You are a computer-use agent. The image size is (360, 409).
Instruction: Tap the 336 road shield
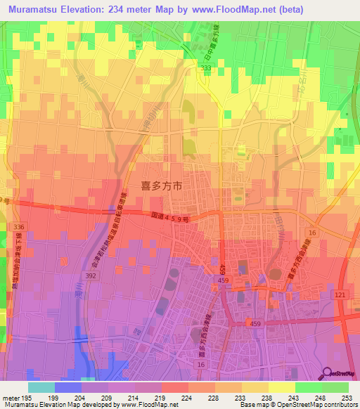click(19, 227)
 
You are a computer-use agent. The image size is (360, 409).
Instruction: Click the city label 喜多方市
click(163, 187)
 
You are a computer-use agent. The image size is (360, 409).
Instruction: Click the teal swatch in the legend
click(41, 387)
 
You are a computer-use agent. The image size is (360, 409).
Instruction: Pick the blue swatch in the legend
click(68, 387)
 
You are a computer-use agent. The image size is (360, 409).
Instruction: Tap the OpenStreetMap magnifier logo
click(328, 373)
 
